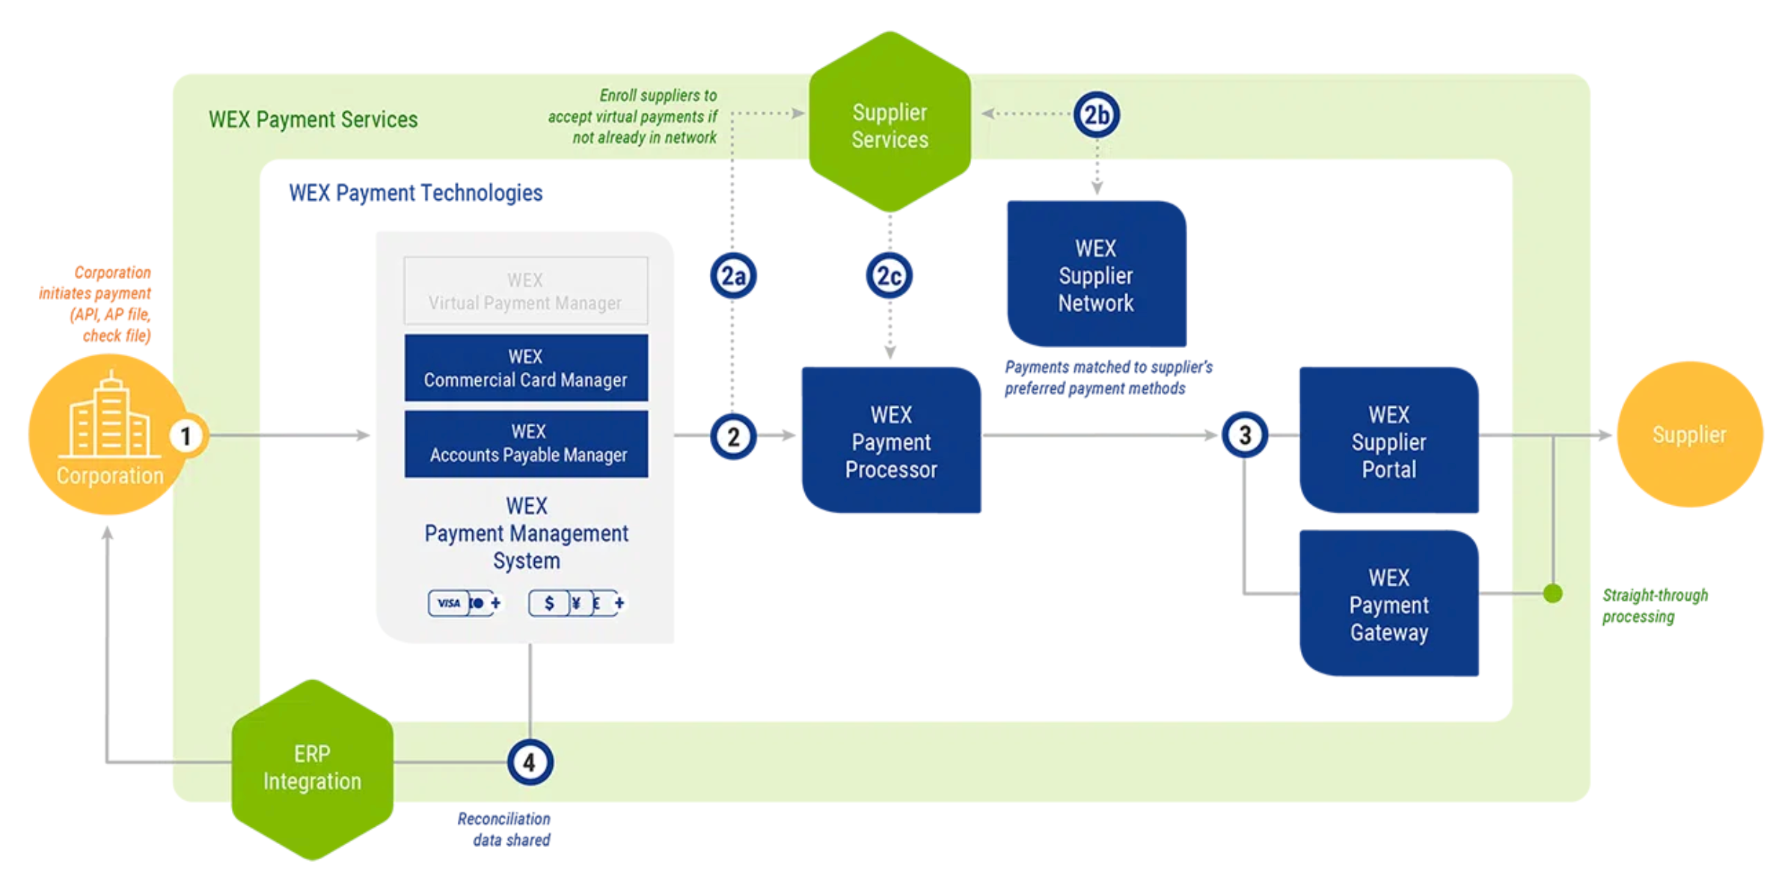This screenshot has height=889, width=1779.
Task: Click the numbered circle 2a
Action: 732,276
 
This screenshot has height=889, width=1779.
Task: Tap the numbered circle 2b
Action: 1096,115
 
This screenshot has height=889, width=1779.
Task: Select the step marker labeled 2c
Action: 889,276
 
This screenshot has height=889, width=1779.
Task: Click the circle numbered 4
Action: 530,763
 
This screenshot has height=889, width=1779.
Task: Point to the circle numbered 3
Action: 1245,435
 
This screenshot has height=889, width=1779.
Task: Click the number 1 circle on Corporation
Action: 186,436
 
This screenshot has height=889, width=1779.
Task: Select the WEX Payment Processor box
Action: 890,441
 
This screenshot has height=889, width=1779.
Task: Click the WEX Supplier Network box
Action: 1096,275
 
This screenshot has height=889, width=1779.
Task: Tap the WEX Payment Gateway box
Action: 1388,604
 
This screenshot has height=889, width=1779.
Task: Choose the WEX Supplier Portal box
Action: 1388,441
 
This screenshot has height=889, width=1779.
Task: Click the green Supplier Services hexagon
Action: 889,124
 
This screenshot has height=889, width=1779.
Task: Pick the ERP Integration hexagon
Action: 312,769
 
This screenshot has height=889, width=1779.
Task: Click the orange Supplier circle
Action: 1688,435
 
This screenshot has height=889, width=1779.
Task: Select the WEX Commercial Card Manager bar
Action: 526,368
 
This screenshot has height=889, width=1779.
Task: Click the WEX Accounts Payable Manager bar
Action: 526,444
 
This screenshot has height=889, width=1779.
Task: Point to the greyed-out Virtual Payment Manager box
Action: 526,291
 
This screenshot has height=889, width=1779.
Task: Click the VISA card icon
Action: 449,603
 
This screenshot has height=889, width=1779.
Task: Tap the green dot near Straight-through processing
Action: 1552,593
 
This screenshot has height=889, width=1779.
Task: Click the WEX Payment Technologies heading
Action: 415,193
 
